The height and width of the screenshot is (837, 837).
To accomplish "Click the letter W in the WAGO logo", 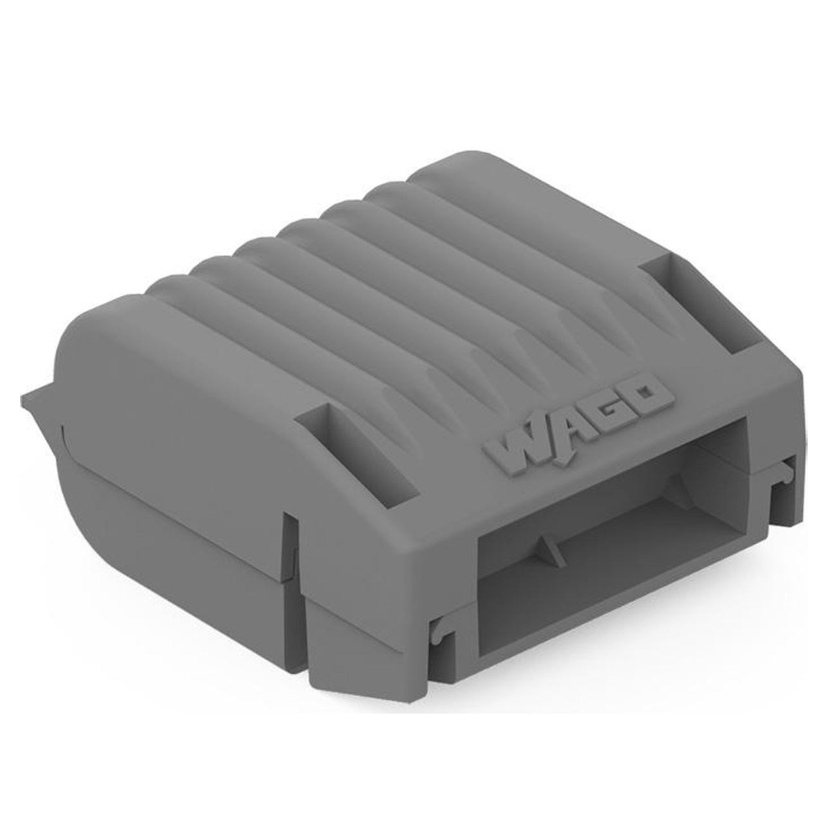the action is click(x=515, y=447).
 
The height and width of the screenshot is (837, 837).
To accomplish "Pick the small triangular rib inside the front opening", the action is click(x=547, y=552).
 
